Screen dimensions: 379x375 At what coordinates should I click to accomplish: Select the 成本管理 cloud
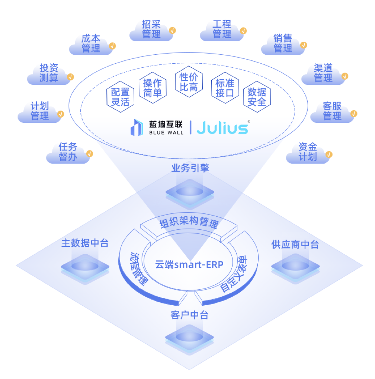point(91,44)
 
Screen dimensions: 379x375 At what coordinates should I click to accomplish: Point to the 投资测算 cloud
point(49,73)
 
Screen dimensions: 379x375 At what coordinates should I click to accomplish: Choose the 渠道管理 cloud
point(323,73)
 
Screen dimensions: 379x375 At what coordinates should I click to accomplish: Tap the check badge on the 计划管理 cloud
point(61,114)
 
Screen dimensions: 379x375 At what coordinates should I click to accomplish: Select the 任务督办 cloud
point(68,152)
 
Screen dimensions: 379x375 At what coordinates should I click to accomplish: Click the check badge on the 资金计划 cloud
point(328,154)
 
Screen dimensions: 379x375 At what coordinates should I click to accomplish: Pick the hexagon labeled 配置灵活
point(120,97)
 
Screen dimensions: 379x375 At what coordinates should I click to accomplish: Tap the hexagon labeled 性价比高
point(189,82)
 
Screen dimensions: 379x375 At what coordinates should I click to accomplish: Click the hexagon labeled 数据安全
point(257,97)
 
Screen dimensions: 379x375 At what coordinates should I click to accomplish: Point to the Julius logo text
point(222,128)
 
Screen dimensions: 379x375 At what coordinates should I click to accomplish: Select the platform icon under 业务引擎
point(190,192)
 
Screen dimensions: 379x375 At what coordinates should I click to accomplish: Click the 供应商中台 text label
point(295,244)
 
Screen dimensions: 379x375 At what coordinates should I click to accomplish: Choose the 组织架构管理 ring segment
point(189,224)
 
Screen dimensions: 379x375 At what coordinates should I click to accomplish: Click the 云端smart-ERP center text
point(189,265)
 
